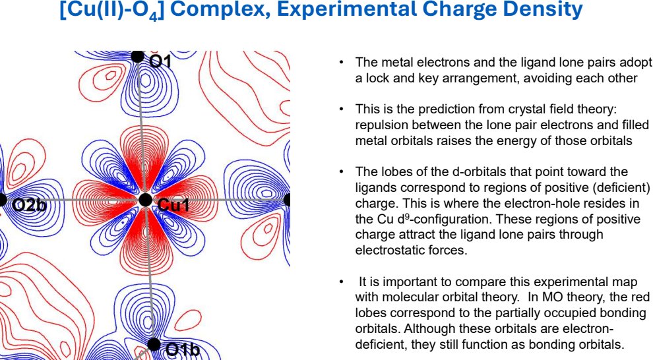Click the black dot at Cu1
(145, 199)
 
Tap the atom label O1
(160, 61)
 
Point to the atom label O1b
(182, 350)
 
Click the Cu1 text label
(173, 206)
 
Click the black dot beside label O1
(137, 56)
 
